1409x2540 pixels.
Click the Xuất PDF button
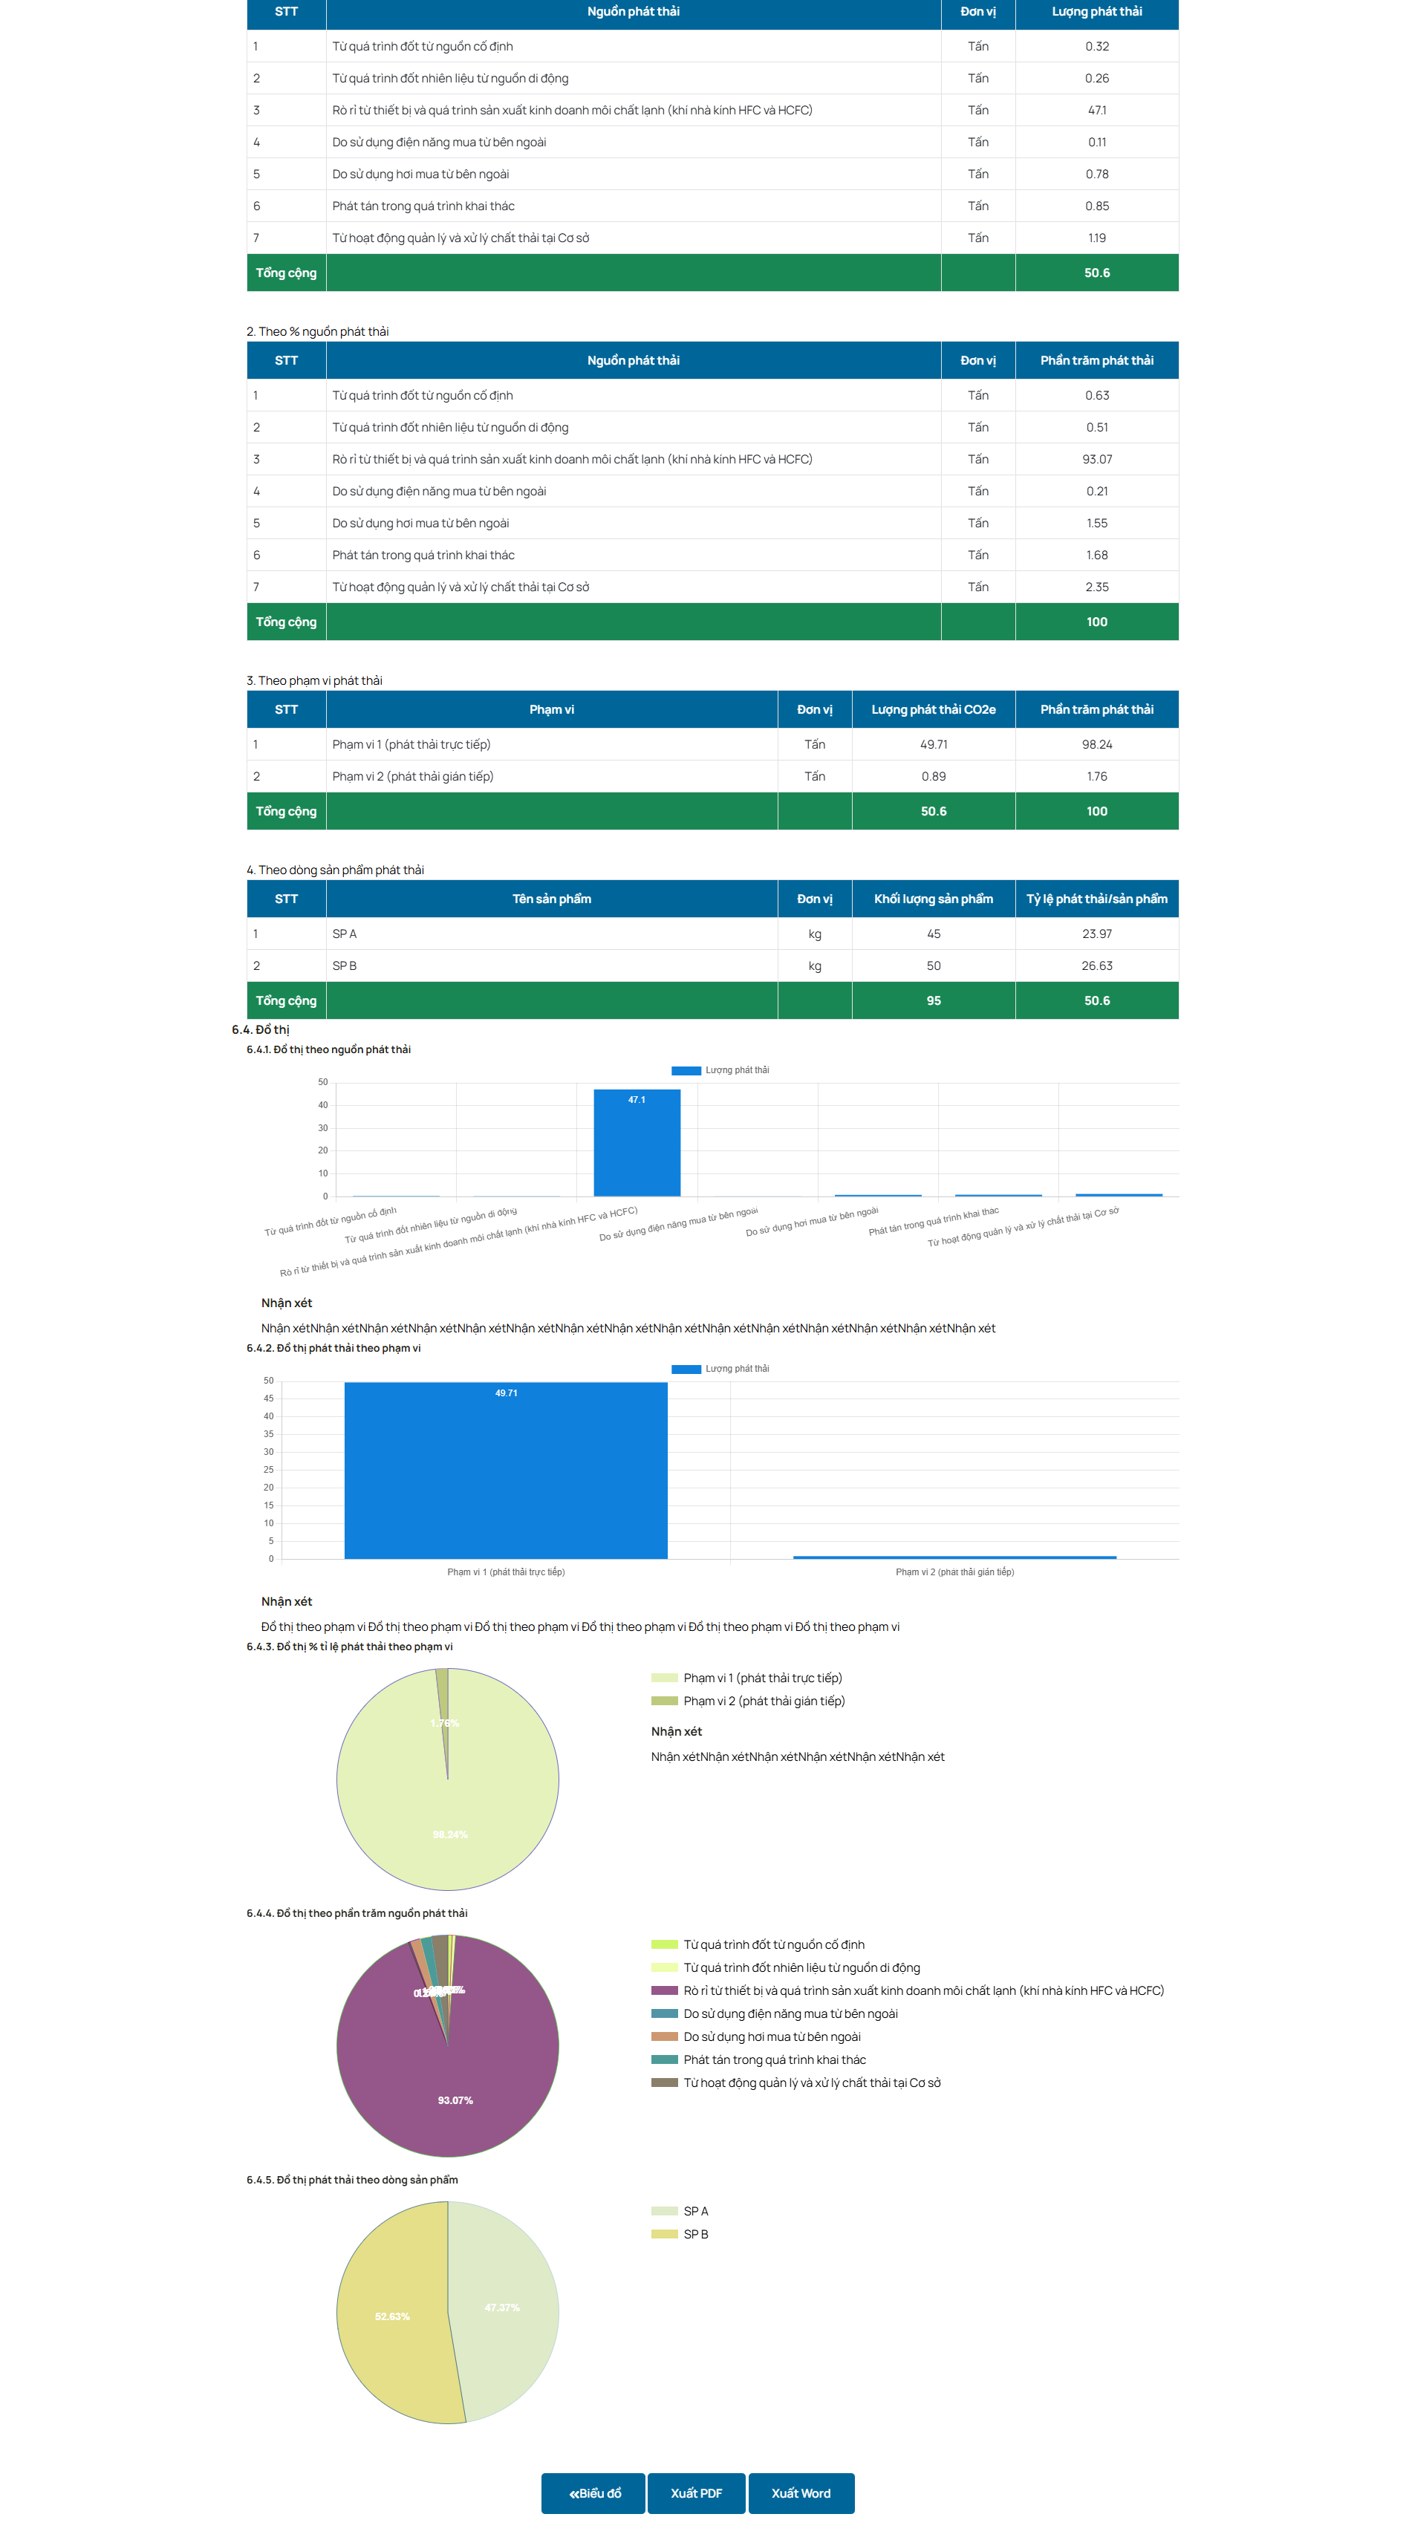696,2492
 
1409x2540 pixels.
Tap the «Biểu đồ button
593,2492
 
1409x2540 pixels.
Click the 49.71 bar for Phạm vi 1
505,1469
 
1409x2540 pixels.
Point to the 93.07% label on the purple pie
455,2100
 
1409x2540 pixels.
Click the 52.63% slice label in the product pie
391,2316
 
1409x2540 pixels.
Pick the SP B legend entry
695,2234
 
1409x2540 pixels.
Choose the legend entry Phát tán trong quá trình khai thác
774,2059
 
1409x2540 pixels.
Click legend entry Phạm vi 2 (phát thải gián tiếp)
763,1701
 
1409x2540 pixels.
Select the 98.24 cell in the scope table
1096,744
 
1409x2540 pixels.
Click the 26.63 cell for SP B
1096,965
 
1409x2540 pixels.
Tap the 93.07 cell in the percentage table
1096,460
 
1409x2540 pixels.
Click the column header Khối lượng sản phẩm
933,899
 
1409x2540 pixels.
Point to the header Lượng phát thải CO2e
933,710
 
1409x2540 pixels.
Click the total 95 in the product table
933,1001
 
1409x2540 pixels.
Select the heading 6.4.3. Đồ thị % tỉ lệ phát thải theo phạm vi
349,1647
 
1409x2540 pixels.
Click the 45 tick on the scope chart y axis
268,1398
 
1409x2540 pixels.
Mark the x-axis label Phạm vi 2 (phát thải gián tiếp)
954,1572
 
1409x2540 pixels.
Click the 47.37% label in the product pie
502,2308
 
